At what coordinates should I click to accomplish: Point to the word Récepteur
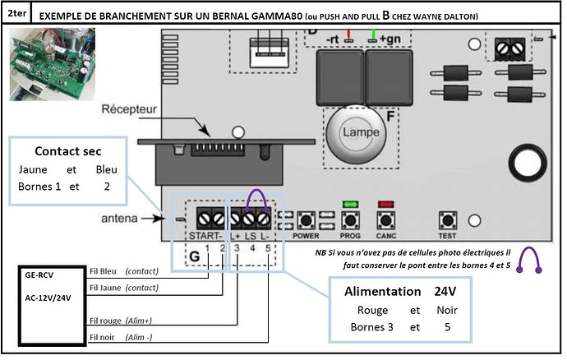[129, 109]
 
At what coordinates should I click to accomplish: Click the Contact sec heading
[67, 152]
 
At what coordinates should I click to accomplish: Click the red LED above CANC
[385, 202]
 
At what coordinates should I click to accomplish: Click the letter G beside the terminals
[194, 256]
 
